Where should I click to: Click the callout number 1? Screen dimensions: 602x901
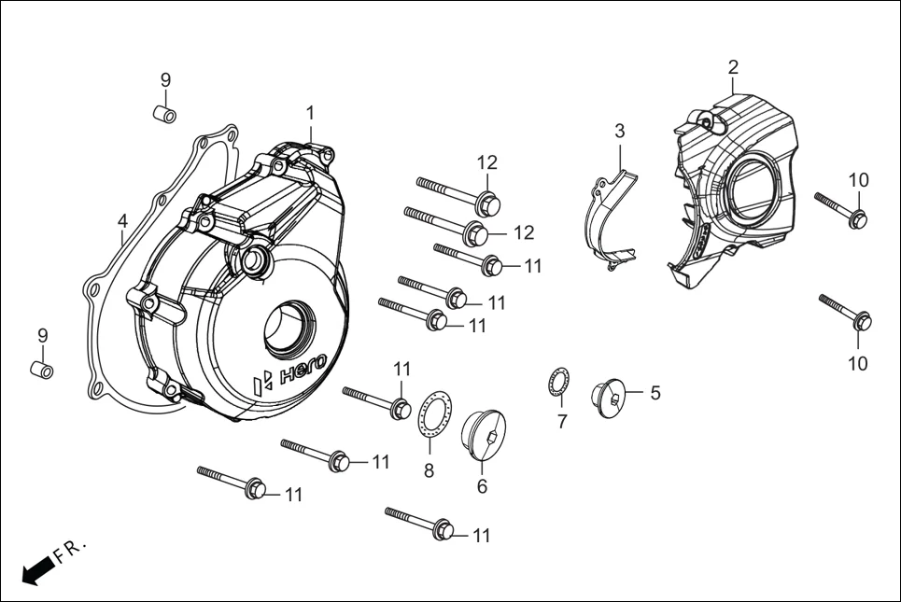310,113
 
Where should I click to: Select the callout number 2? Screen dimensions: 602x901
733,66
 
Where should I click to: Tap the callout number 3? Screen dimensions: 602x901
619,130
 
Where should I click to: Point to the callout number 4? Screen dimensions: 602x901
122,221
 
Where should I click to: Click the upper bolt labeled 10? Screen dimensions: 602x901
842,210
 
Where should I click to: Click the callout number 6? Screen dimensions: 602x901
482,486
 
